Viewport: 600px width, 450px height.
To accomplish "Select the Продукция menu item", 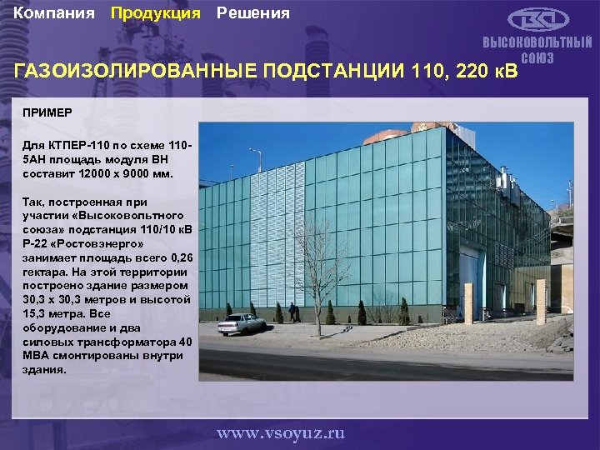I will tap(156, 13).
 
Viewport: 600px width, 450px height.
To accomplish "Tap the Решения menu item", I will tap(253, 13).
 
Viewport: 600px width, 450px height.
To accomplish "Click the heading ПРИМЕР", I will tap(48, 112).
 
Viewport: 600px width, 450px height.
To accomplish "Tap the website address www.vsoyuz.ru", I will tap(281, 433).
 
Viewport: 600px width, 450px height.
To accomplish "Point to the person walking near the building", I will tap(292, 312).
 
